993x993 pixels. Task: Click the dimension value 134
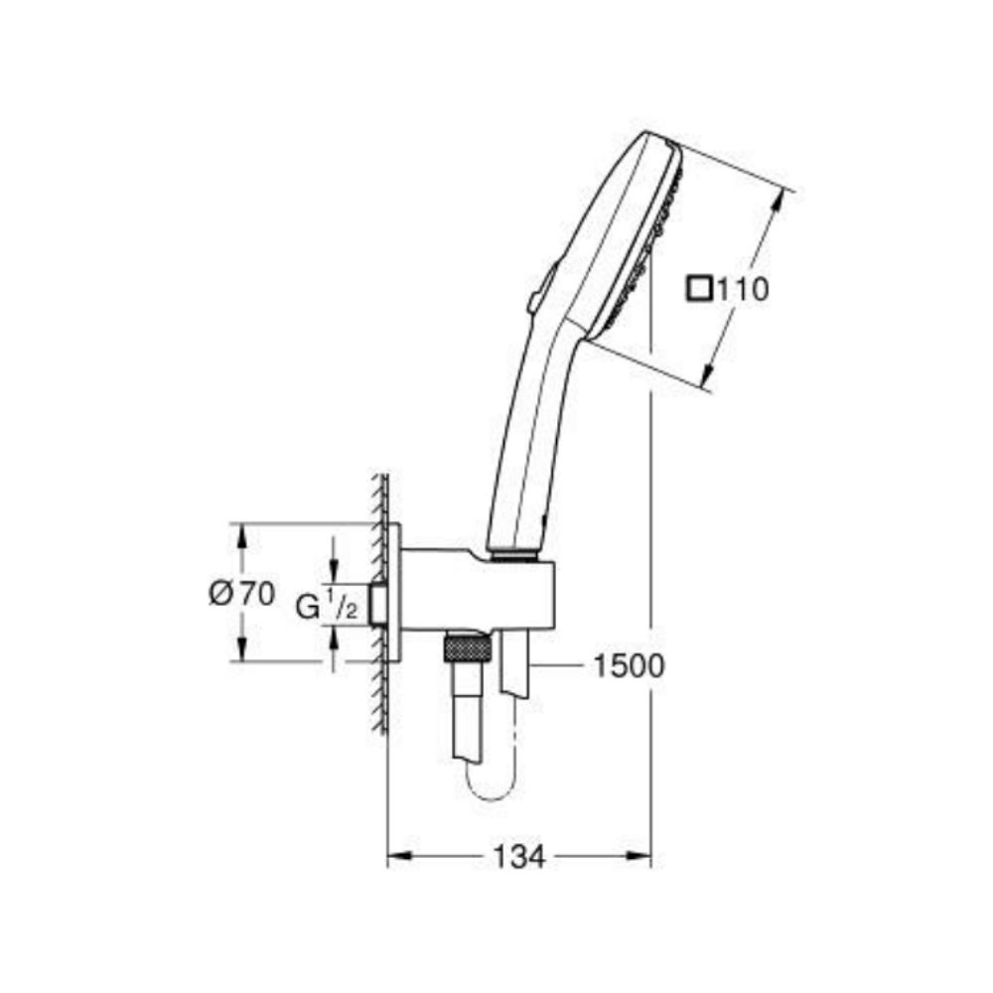519,856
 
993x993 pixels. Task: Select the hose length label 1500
628,666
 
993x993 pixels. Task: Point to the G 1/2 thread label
326,605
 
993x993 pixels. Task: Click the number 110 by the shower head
743,290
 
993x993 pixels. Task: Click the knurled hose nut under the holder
467,650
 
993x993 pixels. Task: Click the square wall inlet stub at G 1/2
378,605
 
